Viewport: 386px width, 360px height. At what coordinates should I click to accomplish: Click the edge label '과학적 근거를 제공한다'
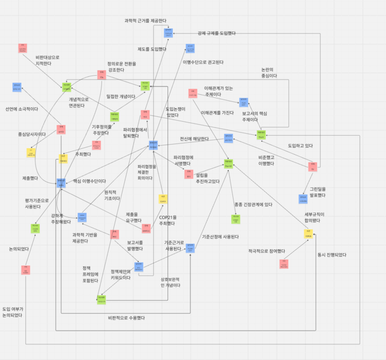tap(145, 20)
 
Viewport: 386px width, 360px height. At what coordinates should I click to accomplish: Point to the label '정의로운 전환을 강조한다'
tap(121, 66)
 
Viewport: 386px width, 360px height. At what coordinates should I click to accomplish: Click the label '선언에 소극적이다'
tap(22, 109)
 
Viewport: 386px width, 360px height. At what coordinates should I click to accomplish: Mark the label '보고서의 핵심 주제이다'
tap(255, 116)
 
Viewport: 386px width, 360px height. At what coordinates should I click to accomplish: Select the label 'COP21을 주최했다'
tap(167, 220)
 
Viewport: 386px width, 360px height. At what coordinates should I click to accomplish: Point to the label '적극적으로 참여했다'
tap(266, 251)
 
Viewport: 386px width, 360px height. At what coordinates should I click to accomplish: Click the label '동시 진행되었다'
tap(332, 254)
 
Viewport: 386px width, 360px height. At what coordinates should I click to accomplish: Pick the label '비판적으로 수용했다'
tap(127, 317)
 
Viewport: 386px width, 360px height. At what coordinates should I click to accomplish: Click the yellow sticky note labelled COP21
tap(162, 198)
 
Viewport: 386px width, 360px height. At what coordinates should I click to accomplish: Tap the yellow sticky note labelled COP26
tap(308, 235)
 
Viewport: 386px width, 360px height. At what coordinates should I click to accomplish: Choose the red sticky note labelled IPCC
tap(114, 235)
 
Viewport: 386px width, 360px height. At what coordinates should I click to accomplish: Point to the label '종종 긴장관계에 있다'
tap(253, 205)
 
